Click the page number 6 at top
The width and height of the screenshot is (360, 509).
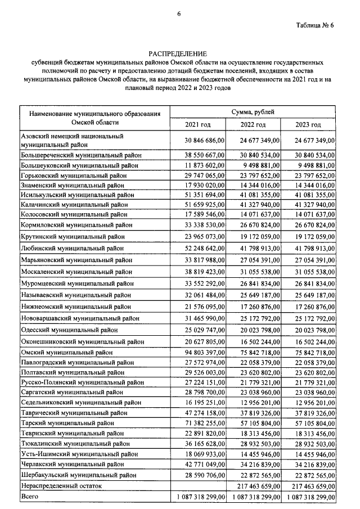coord(179,13)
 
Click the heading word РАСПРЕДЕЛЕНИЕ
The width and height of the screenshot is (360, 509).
coord(179,53)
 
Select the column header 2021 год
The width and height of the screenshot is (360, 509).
coord(198,124)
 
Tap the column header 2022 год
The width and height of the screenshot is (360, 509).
coord(253,124)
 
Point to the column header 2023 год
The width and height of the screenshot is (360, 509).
coord(308,124)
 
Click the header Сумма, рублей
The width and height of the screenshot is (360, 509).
coord(253,112)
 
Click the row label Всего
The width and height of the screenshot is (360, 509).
coord(30,497)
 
